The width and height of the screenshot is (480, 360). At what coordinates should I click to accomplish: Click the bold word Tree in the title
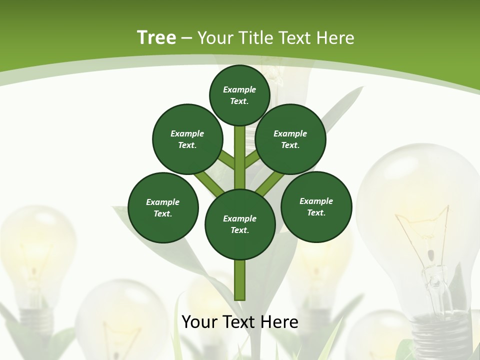point(156,37)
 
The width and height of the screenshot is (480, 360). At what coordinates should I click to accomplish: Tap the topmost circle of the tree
point(239,95)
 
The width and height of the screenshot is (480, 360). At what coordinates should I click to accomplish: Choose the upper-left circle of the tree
point(187,139)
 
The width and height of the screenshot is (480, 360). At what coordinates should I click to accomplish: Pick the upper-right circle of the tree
point(290,139)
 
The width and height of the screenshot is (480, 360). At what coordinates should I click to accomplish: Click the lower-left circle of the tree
point(163,207)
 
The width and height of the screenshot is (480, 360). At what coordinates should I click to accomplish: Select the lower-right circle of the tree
point(316,206)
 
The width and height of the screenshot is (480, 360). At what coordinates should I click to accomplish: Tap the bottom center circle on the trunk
point(240,224)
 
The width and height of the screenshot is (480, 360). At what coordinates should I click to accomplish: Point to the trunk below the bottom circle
point(240,280)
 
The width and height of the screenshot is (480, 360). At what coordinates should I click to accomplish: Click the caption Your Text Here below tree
point(240,322)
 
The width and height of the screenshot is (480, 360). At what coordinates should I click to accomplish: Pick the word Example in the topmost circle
point(239,89)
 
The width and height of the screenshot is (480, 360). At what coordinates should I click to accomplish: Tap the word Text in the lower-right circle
point(316,212)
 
